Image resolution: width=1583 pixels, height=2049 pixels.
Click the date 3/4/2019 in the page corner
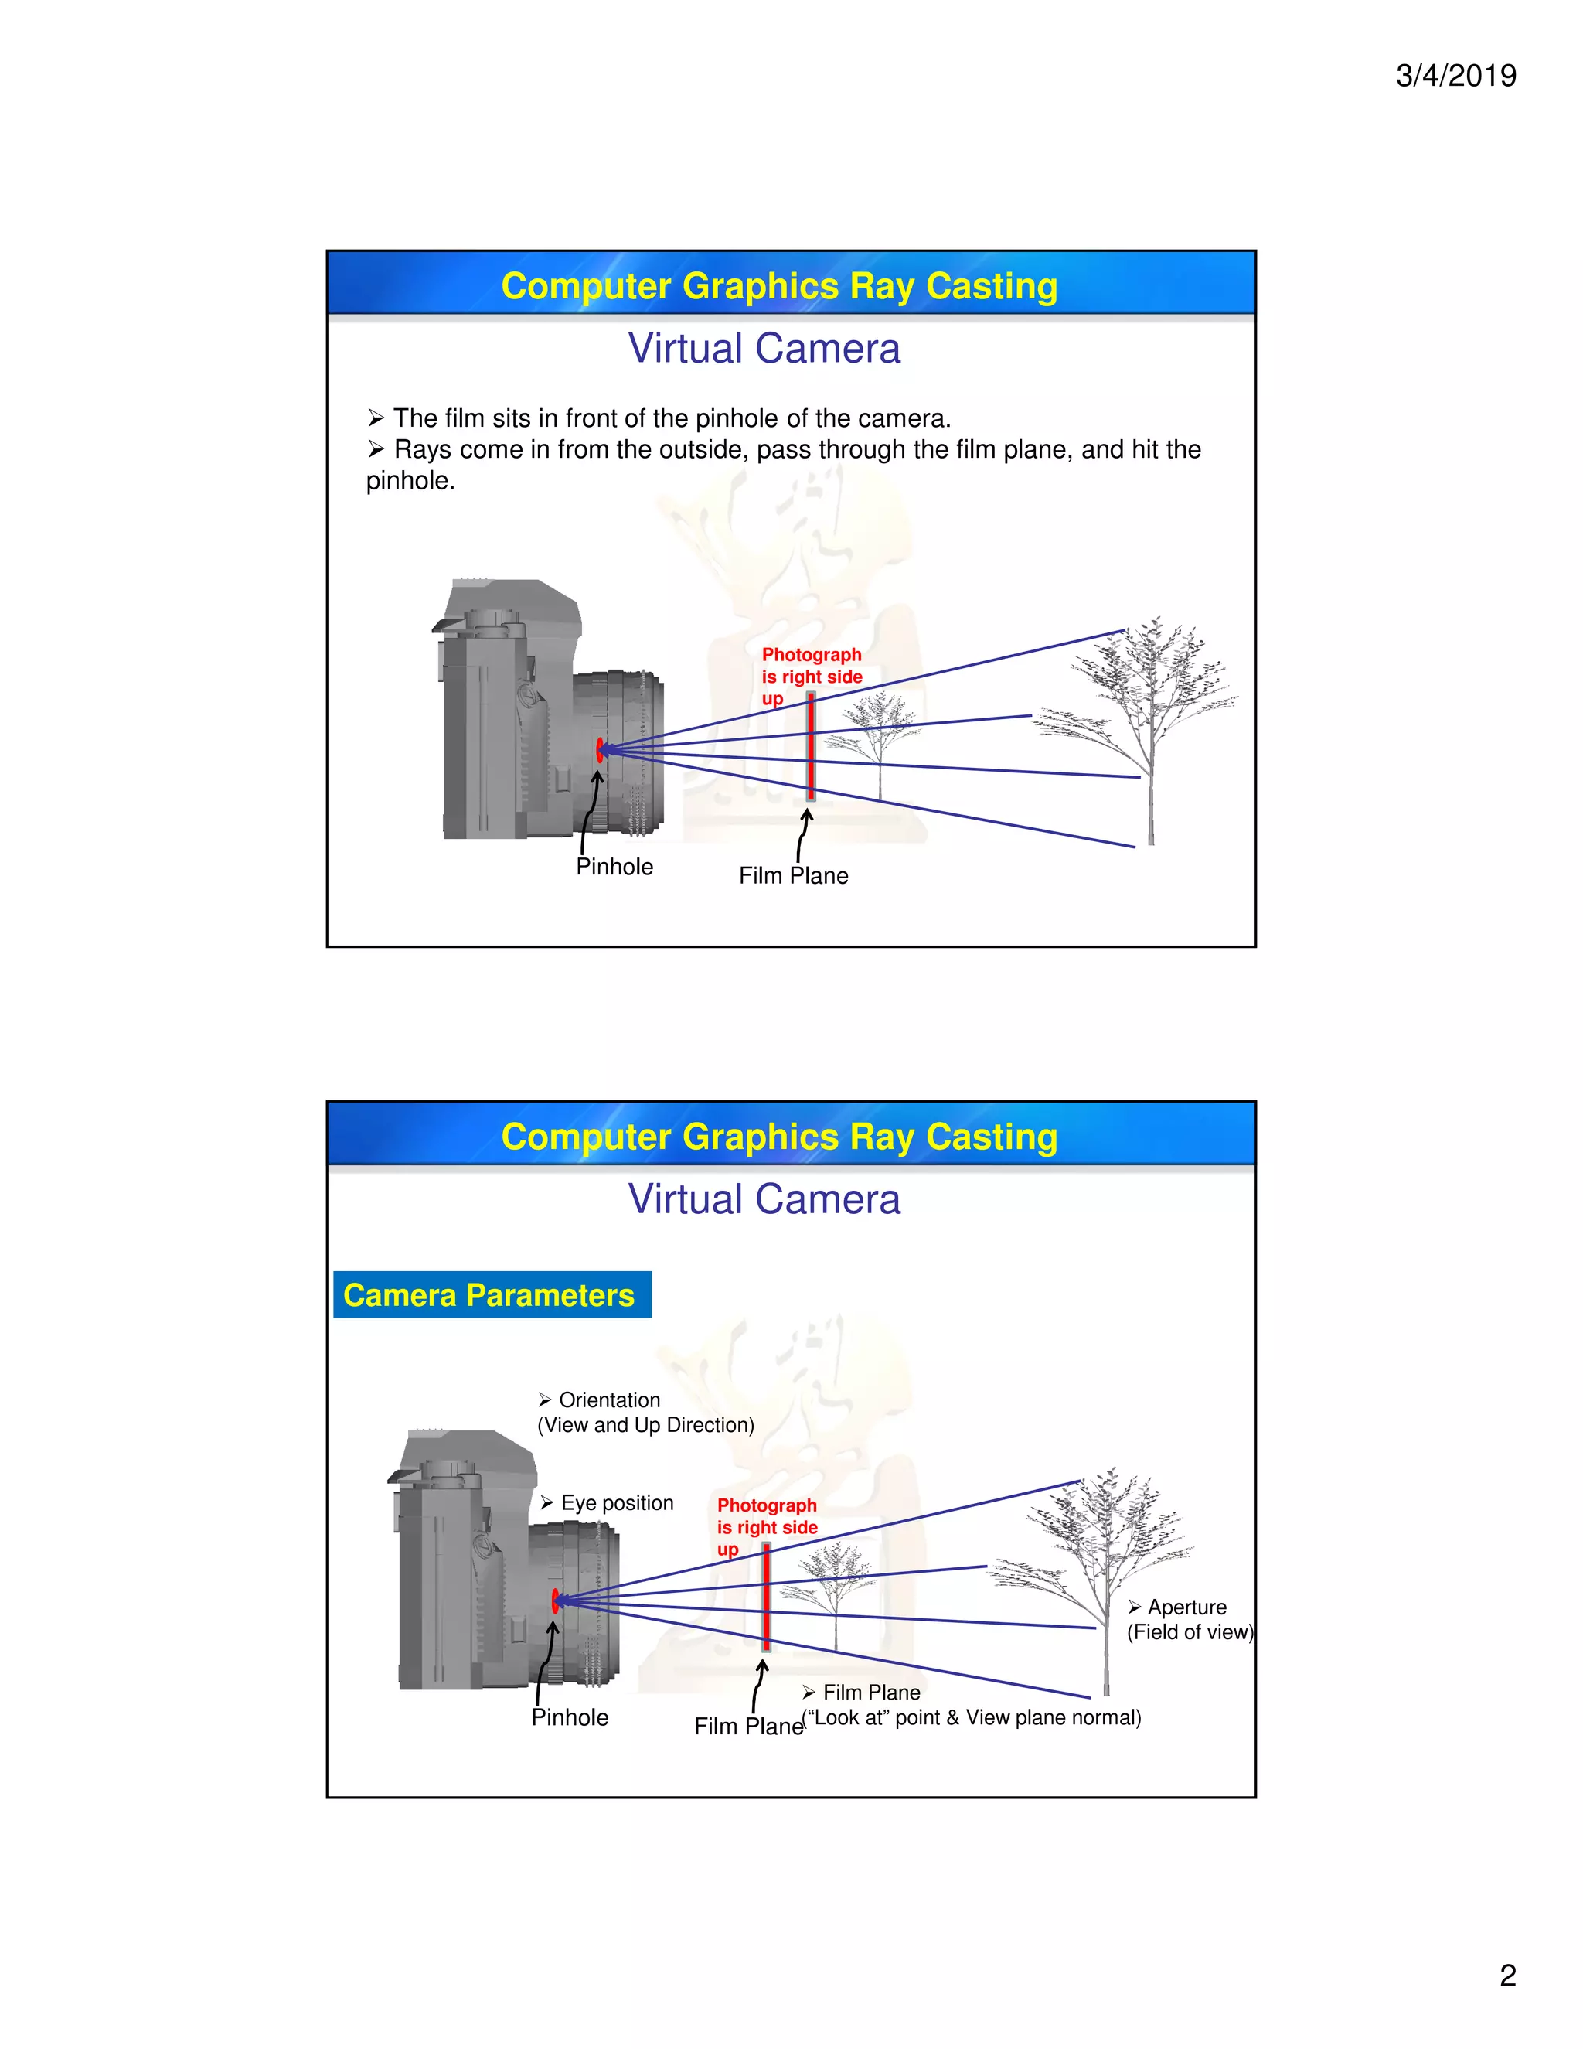coord(1455,75)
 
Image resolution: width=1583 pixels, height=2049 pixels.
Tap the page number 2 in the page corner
coord(1507,1975)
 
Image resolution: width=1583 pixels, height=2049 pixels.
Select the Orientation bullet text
coord(608,1400)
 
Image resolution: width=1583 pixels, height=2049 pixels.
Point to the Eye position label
coord(616,1502)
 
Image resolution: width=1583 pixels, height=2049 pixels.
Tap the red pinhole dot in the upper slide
coord(599,748)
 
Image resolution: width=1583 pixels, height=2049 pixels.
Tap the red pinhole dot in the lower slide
coord(555,1600)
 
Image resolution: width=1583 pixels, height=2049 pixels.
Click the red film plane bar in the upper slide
coord(810,746)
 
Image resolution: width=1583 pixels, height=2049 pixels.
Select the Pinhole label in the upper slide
coord(614,867)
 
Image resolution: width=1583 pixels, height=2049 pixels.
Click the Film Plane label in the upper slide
coord(793,875)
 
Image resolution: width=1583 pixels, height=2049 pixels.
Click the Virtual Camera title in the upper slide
coord(764,349)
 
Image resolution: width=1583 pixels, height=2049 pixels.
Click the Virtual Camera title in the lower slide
coord(764,1199)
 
